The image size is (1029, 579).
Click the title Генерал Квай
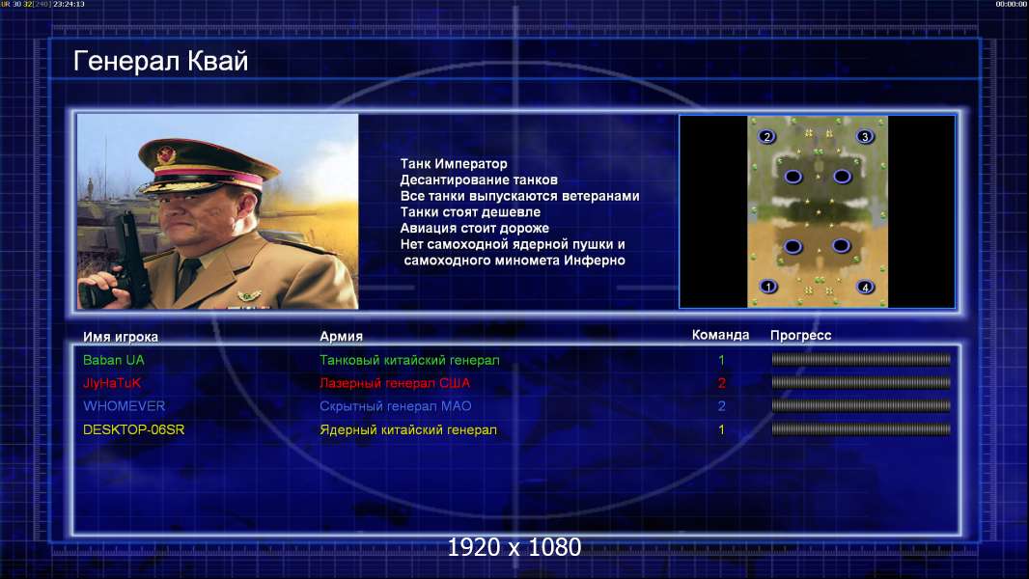coord(160,61)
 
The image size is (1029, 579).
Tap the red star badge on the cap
coord(167,155)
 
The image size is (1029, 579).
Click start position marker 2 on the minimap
coord(766,136)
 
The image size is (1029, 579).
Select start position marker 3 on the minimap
coord(865,136)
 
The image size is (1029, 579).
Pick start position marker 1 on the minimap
coord(767,287)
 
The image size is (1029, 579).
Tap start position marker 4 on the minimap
coord(865,288)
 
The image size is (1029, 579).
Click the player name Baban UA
coord(114,360)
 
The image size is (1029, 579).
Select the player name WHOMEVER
coord(124,406)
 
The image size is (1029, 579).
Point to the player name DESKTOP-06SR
coord(133,430)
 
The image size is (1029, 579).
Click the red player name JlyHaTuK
coord(112,384)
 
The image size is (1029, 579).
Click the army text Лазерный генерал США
coord(395,383)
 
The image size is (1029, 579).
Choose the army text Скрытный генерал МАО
coord(395,406)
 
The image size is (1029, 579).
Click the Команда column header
coord(720,335)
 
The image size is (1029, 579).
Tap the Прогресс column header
coord(800,336)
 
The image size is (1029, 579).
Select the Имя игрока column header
coord(120,337)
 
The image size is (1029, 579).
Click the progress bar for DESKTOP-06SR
coord(861,430)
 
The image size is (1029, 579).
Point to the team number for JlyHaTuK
coord(721,384)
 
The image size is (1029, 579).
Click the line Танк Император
coord(454,164)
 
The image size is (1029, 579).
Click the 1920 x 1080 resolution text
coord(514,547)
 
